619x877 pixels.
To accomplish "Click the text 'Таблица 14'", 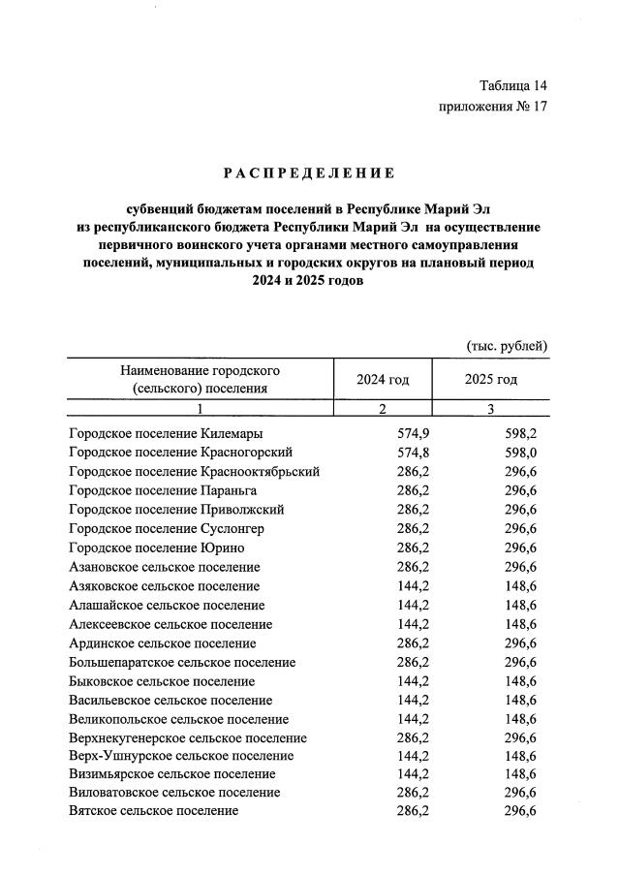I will [513, 86].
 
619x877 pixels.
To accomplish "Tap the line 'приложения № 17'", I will [493, 108].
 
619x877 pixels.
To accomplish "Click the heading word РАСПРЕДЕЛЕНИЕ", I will [308, 173].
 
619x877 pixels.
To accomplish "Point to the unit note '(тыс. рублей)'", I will [508, 346].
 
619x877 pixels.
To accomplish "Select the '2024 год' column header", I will [384, 379].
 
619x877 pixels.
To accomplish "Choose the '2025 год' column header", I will [491, 379].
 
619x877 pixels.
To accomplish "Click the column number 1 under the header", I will [200, 410].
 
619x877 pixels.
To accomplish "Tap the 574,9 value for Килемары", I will [412, 433].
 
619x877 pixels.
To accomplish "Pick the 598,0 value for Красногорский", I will [520, 452].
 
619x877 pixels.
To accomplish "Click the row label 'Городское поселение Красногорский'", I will [181, 452].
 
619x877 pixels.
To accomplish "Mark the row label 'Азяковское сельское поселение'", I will [165, 586].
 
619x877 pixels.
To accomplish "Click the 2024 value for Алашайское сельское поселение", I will [412, 605].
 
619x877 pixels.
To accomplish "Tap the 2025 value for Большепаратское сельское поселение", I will [520, 663].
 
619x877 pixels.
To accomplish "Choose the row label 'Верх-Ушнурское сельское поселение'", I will [182, 756].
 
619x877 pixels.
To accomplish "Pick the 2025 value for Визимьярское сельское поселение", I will [520, 773].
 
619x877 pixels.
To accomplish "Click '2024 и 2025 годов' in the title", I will [308, 281].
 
